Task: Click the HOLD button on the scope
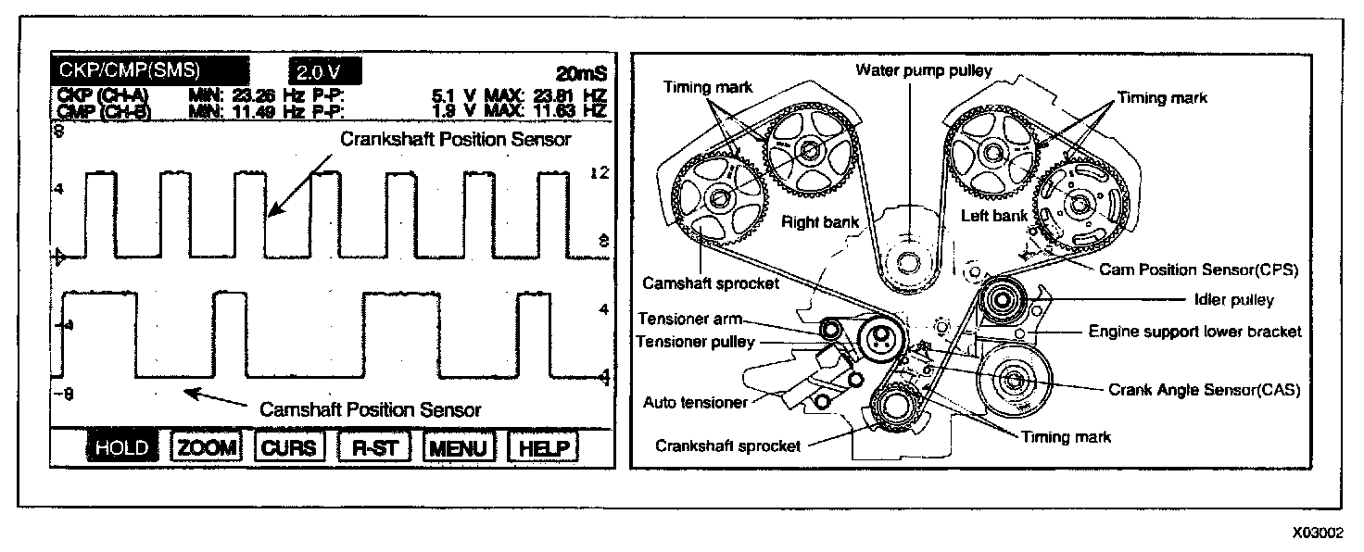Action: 122,447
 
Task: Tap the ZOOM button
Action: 206,447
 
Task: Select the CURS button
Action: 288,447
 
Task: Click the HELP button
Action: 543,447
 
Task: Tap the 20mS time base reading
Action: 580,73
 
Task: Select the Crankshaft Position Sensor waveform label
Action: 455,140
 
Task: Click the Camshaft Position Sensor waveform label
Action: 371,408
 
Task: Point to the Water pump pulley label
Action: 924,70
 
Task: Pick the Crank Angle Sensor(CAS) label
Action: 1205,390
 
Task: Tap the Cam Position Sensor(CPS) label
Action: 1198,270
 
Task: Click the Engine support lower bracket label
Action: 1194,331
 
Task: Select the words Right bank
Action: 821,221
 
